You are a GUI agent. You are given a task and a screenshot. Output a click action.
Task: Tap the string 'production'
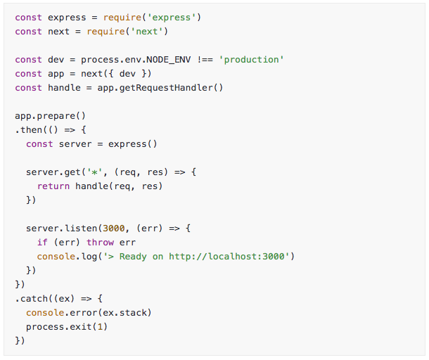[252, 60]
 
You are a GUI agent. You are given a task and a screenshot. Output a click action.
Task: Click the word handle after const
[64, 88]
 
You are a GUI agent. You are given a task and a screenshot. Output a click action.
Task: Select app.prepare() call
[39, 116]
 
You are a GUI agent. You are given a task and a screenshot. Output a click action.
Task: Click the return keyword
[53, 186]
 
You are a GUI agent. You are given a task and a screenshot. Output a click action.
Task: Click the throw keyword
[100, 243]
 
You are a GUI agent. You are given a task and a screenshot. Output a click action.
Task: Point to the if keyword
[42, 243]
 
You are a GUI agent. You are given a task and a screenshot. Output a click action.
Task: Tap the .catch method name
[30, 299]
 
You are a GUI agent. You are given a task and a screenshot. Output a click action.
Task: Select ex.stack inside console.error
[124, 313]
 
